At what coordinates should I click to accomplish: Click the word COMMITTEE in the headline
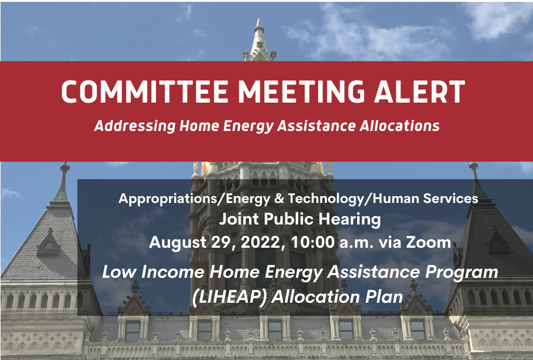click(145, 91)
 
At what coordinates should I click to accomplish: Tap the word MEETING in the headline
click(301, 91)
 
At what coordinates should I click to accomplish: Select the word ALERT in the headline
click(420, 91)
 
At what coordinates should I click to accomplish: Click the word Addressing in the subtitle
click(134, 126)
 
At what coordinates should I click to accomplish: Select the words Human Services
click(426, 198)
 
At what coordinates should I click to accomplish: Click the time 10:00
click(312, 243)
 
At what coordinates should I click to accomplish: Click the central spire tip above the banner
click(259, 20)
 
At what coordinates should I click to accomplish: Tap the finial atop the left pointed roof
click(65, 167)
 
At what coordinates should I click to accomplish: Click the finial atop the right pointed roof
click(473, 166)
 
